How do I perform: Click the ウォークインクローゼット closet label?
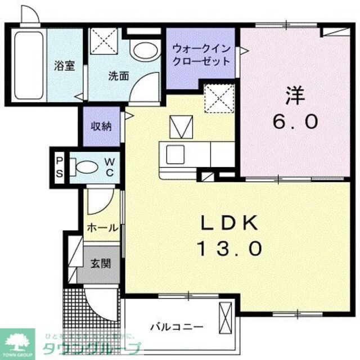pyautogui.click(x=202, y=55)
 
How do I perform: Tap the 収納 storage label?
pyautogui.click(x=102, y=126)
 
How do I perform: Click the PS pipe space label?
pyautogui.click(x=60, y=167)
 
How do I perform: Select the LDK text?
pyautogui.click(x=229, y=223)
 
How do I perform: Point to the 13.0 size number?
pyautogui.click(x=229, y=247)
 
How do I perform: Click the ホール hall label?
pyautogui.click(x=102, y=228)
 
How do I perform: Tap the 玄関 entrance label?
pyautogui.click(x=101, y=263)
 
